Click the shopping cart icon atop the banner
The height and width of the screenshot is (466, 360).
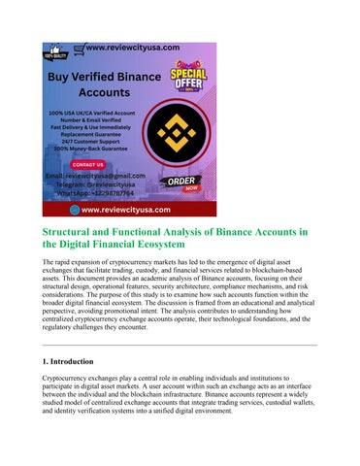[79, 47]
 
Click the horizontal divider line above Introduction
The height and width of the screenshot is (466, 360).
[180, 344]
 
